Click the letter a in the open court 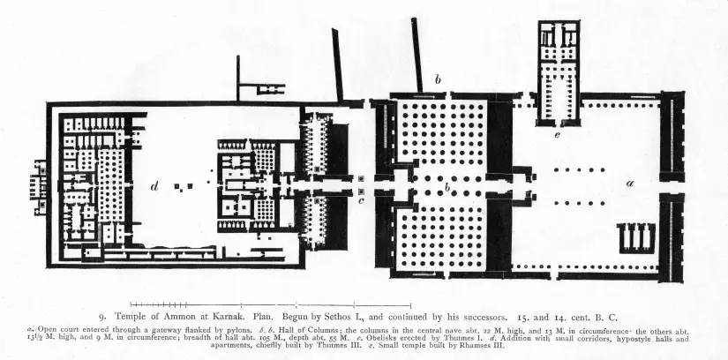pos(629,184)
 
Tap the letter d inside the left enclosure pos(154,186)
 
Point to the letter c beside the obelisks pos(361,199)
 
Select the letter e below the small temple pos(557,135)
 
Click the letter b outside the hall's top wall pos(438,80)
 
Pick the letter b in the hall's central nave pos(447,187)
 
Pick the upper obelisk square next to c pos(362,179)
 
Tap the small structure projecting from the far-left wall pos(38,185)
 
